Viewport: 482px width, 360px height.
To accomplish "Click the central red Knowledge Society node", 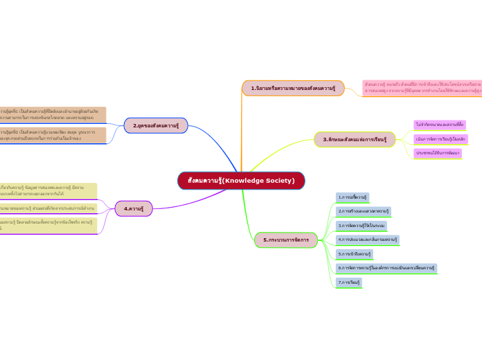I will tap(241, 181).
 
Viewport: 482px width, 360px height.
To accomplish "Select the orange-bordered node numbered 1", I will tap(293, 88).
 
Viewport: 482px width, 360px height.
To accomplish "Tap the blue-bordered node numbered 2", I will tap(156, 125).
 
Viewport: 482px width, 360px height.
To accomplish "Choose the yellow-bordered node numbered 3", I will tap(355, 139).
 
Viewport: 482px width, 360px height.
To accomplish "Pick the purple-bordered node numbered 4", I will tap(134, 208).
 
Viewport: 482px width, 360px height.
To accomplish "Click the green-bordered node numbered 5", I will tap(286, 240).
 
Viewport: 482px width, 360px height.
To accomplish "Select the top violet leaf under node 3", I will tap(440, 125).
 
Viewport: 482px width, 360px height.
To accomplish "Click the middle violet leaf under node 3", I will tap(441, 139).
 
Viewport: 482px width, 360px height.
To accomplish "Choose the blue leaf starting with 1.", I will tap(352, 197).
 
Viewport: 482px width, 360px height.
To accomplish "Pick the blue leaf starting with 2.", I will tap(364, 211).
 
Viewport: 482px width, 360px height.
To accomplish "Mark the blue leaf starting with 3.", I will tap(361, 226).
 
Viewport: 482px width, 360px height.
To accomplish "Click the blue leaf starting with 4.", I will tap(367, 240).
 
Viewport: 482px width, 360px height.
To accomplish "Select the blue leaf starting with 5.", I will tap(354, 254).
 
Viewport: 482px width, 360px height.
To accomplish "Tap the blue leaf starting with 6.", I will tap(386, 268).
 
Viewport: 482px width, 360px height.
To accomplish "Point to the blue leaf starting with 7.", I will tap(349, 282).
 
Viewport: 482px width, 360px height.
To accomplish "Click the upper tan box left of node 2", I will tap(53, 114).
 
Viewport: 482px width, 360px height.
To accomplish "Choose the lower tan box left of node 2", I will tap(53, 135).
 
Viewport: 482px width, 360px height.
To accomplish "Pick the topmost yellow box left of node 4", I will tap(48, 190).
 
